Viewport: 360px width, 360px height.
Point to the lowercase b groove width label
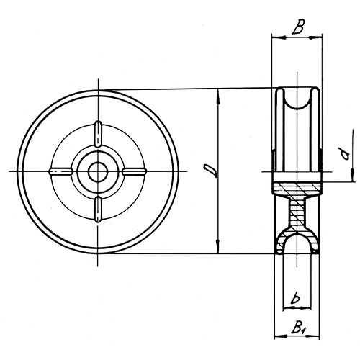pyautogui.click(x=296, y=296)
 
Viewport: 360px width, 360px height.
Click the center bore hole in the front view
pyautogui.click(x=98, y=171)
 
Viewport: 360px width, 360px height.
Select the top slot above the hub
pyautogui.click(x=98, y=134)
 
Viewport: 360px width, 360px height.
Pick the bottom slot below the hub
pyautogui.click(x=98, y=208)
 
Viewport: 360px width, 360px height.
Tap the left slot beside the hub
pyautogui.click(x=61, y=171)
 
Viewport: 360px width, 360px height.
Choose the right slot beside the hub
pyautogui.click(x=135, y=171)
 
